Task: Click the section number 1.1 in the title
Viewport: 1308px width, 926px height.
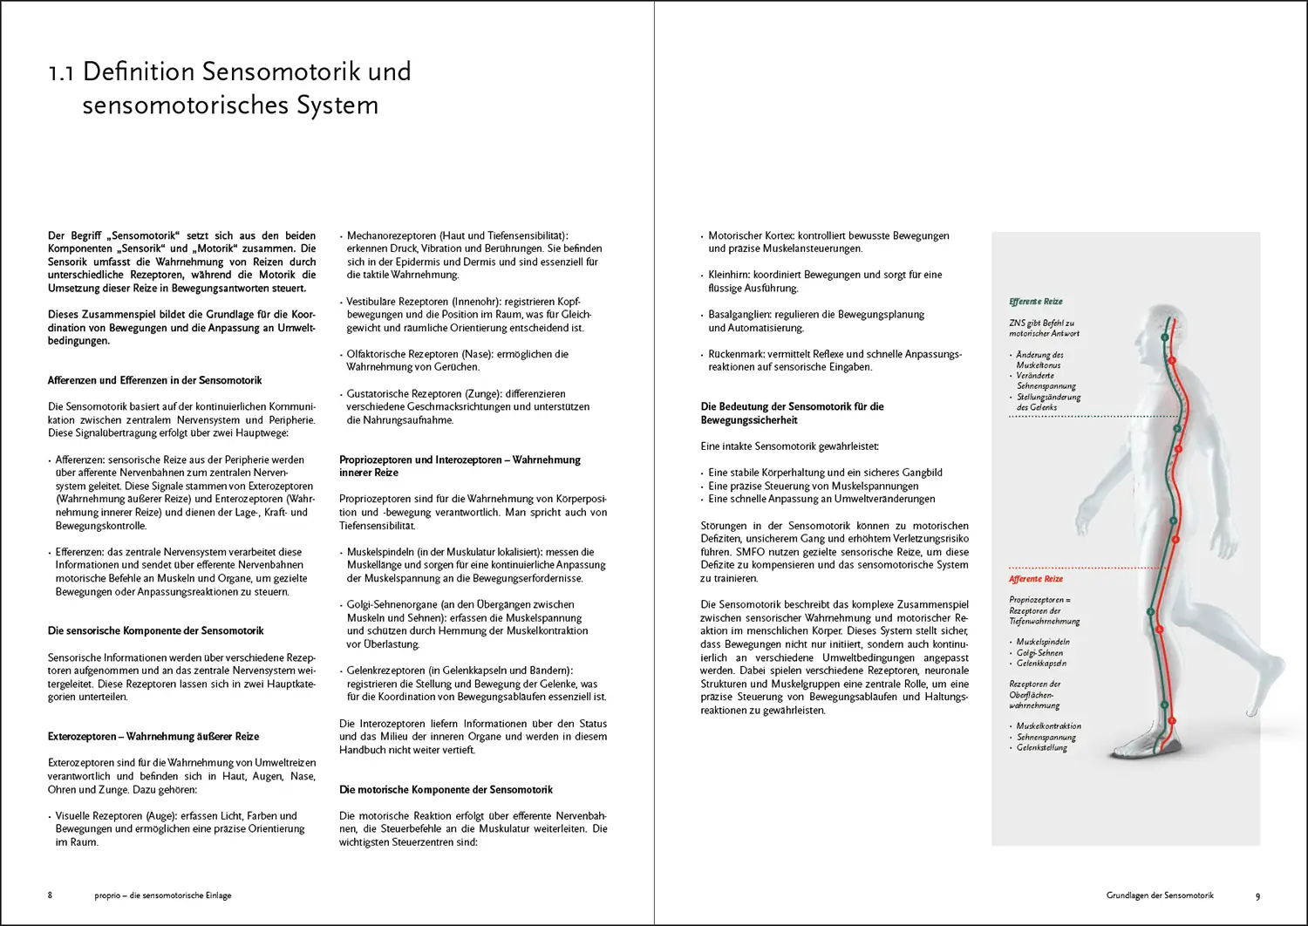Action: pyautogui.click(x=61, y=72)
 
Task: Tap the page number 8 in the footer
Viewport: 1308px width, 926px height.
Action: pyautogui.click(x=50, y=895)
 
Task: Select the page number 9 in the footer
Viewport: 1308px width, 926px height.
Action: pyautogui.click(x=1257, y=895)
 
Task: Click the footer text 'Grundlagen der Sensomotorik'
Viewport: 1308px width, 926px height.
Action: pyautogui.click(x=1160, y=895)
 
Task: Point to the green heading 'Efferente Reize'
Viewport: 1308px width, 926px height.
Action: pyautogui.click(x=1036, y=302)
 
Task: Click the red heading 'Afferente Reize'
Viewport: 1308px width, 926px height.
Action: pyautogui.click(x=1036, y=579)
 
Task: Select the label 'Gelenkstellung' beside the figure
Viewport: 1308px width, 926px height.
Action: pyautogui.click(x=1041, y=747)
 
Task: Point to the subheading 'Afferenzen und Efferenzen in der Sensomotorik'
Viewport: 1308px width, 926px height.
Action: pyautogui.click(x=154, y=380)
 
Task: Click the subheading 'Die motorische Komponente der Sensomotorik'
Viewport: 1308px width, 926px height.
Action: pyautogui.click(x=446, y=790)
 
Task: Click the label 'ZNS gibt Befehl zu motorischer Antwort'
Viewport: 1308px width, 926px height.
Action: pyautogui.click(x=1044, y=328)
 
